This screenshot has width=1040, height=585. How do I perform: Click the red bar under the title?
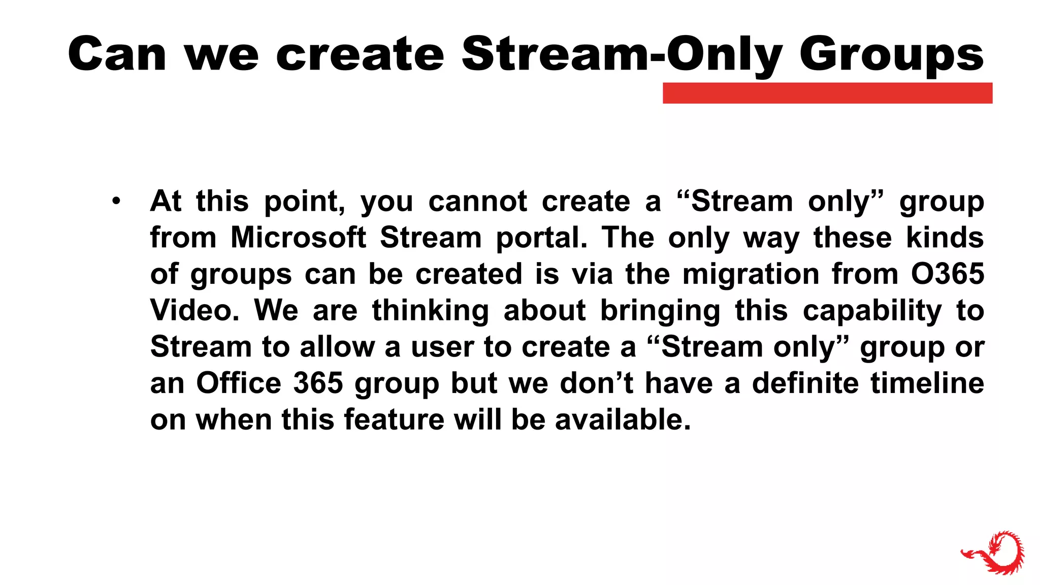(827, 93)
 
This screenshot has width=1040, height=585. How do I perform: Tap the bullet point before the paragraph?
(116, 201)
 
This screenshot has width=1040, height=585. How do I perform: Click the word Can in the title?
(117, 54)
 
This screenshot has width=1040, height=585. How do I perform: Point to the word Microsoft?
(298, 238)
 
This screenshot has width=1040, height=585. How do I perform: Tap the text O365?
(948, 274)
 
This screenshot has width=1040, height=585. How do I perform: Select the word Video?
(194, 310)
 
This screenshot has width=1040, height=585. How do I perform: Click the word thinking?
(430, 311)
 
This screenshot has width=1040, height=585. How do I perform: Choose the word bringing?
(660, 311)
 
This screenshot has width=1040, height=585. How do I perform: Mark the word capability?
(872, 311)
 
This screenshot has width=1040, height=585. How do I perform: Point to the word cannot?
(477, 202)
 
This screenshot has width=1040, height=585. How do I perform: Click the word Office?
(239, 383)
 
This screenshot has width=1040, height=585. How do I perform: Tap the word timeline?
(927, 383)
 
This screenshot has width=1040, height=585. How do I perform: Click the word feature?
(394, 420)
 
